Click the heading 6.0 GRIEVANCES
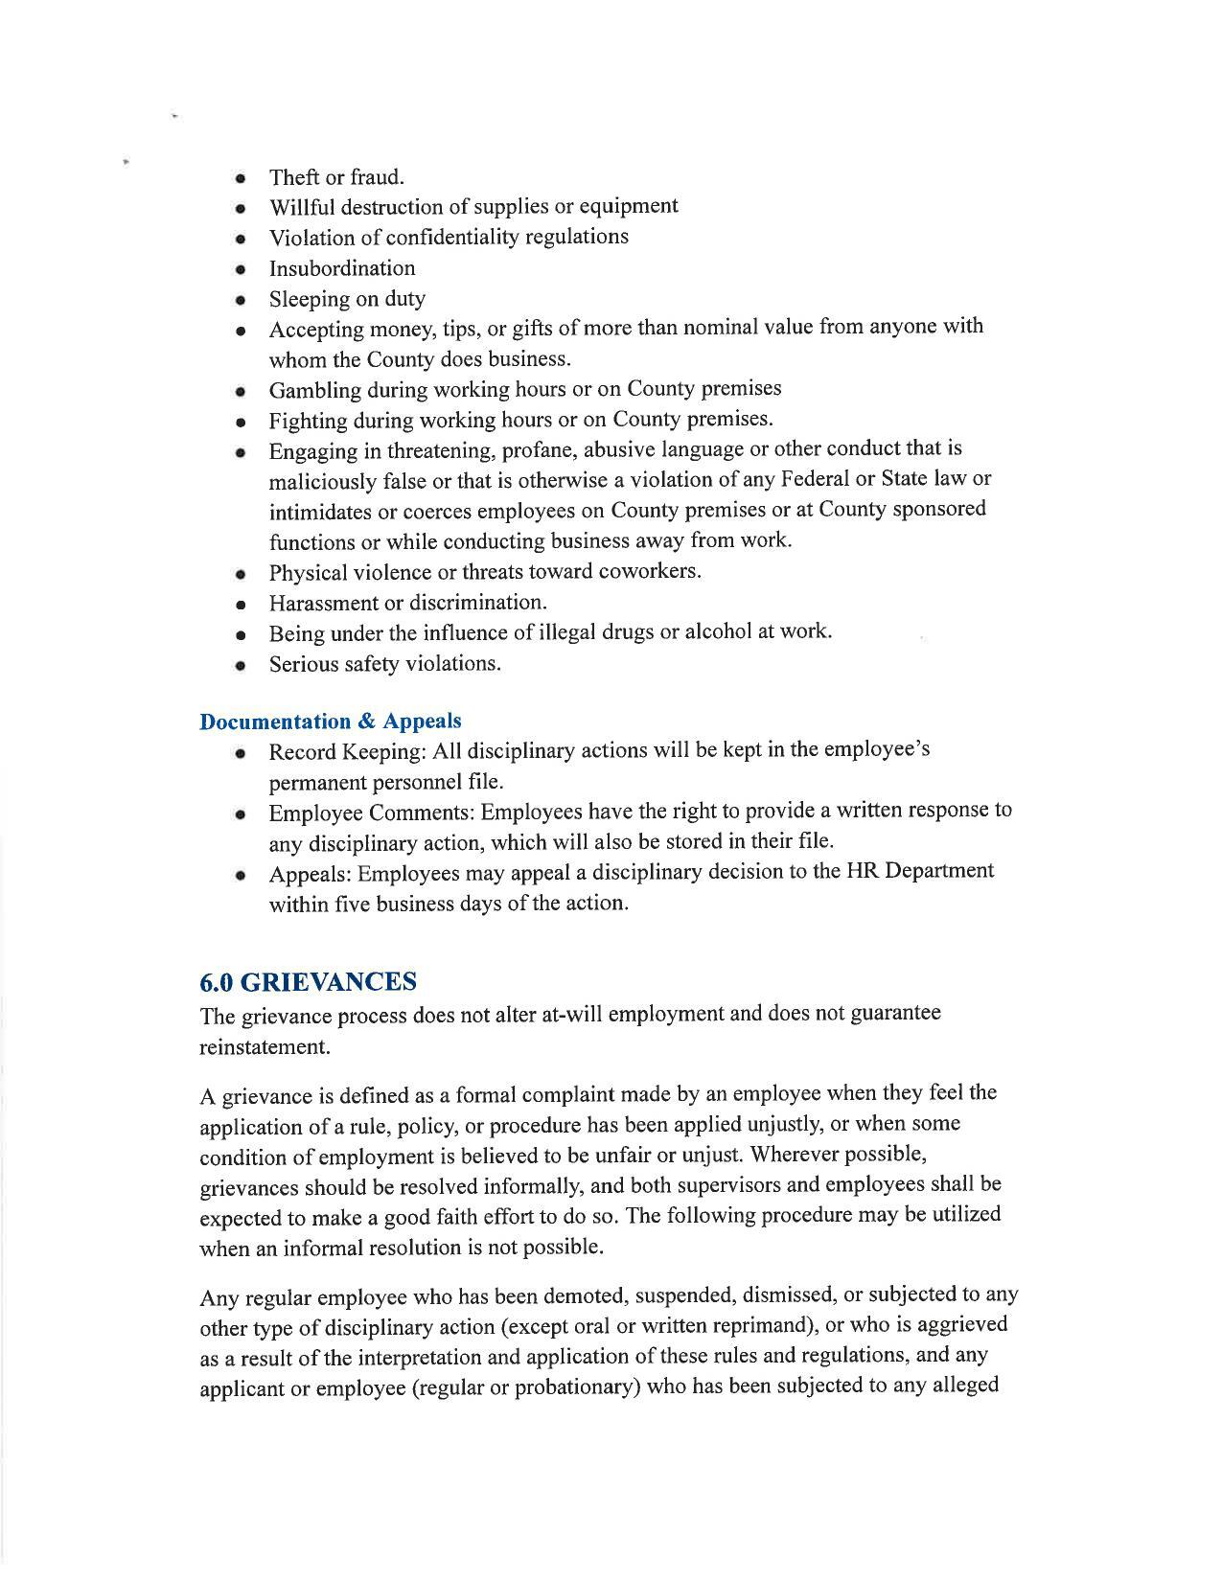point(308,982)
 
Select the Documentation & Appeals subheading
point(330,722)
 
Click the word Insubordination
point(342,268)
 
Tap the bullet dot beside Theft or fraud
point(241,179)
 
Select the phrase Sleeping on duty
point(347,299)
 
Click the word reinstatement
point(265,1047)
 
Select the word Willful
point(302,208)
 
